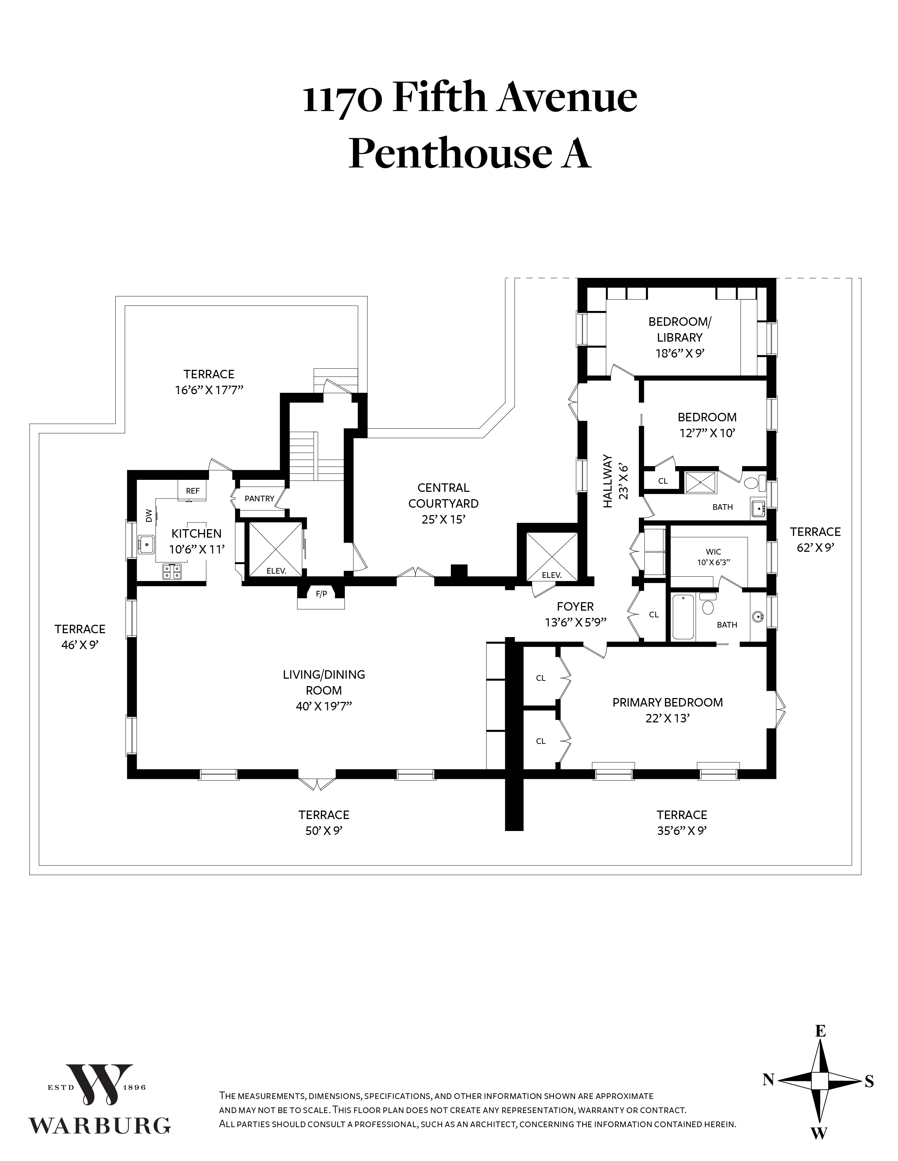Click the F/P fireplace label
pyautogui.click(x=321, y=594)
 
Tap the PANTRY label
pyautogui.click(x=259, y=499)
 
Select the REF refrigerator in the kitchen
pyautogui.click(x=193, y=491)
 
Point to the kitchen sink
pyautogui.click(x=146, y=544)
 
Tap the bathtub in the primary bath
pyautogui.click(x=683, y=617)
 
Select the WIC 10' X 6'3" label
pyautogui.click(x=714, y=557)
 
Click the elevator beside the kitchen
pyautogui.click(x=276, y=549)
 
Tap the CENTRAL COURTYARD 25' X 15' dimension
pyautogui.click(x=444, y=519)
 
